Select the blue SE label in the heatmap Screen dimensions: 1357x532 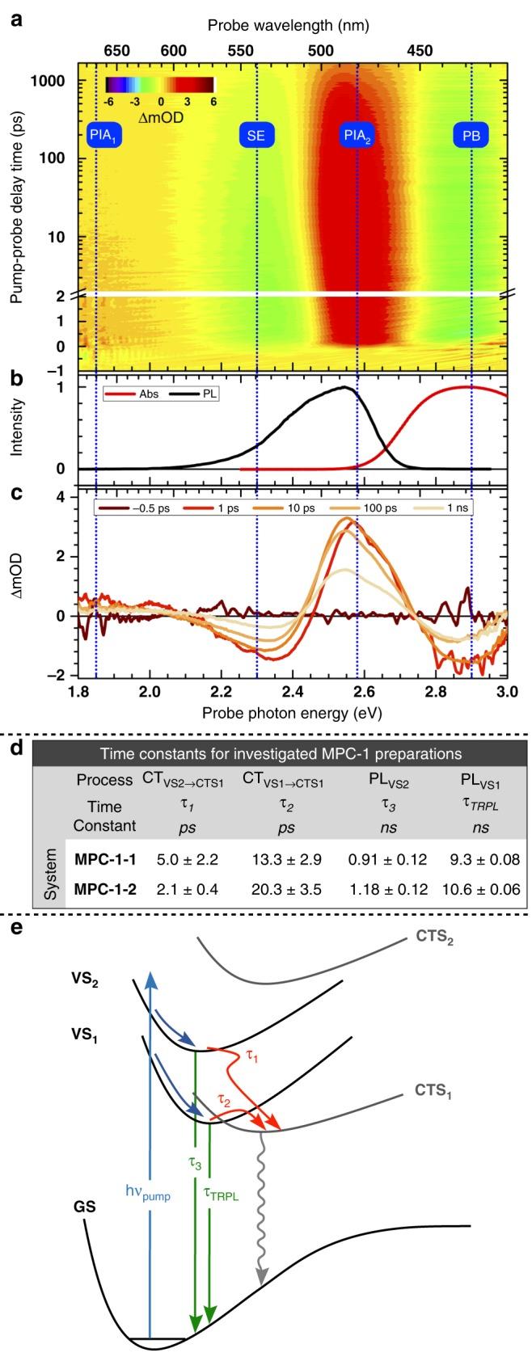(x=255, y=136)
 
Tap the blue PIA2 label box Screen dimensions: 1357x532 (x=357, y=136)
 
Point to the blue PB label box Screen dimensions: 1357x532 (x=471, y=136)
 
